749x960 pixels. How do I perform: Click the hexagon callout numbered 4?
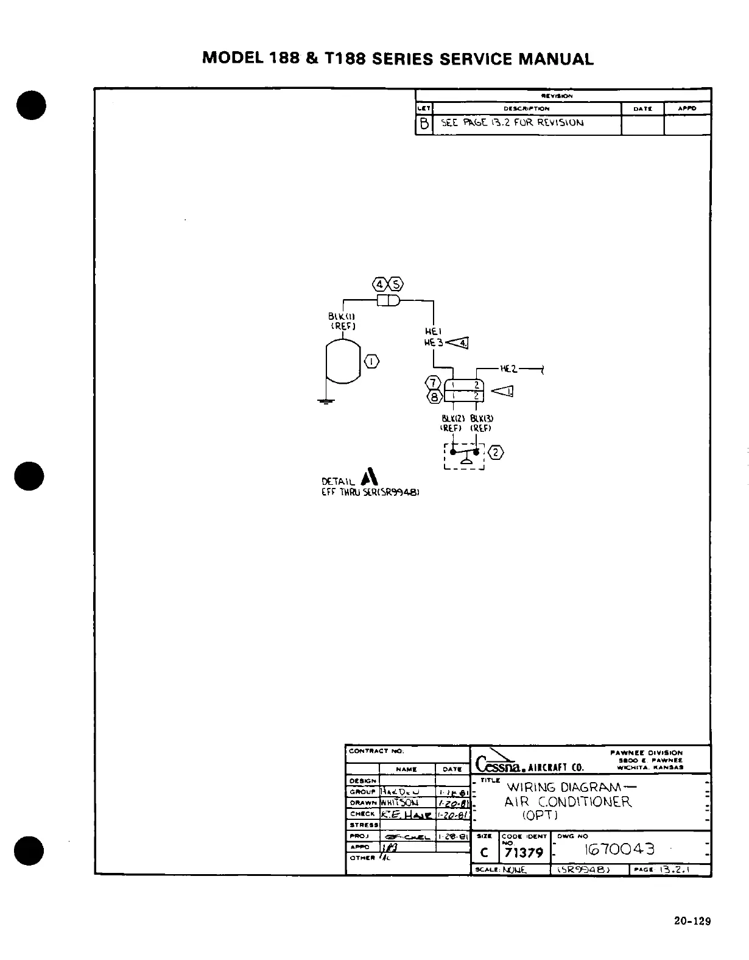[x=380, y=284]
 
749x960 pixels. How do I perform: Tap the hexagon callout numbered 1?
[x=371, y=362]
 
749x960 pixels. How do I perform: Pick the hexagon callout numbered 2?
[x=497, y=452]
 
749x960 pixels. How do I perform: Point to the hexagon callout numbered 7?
[x=433, y=383]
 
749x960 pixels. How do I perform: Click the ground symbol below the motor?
[x=326, y=401]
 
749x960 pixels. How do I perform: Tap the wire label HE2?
[x=508, y=369]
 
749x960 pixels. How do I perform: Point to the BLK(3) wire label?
[x=481, y=418]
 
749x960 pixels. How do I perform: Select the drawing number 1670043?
[x=619, y=849]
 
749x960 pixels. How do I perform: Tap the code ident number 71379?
[x=524, y=852]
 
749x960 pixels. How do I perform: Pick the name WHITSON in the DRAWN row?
[x=399, y=802]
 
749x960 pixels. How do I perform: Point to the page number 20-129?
[x=692, y=921]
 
